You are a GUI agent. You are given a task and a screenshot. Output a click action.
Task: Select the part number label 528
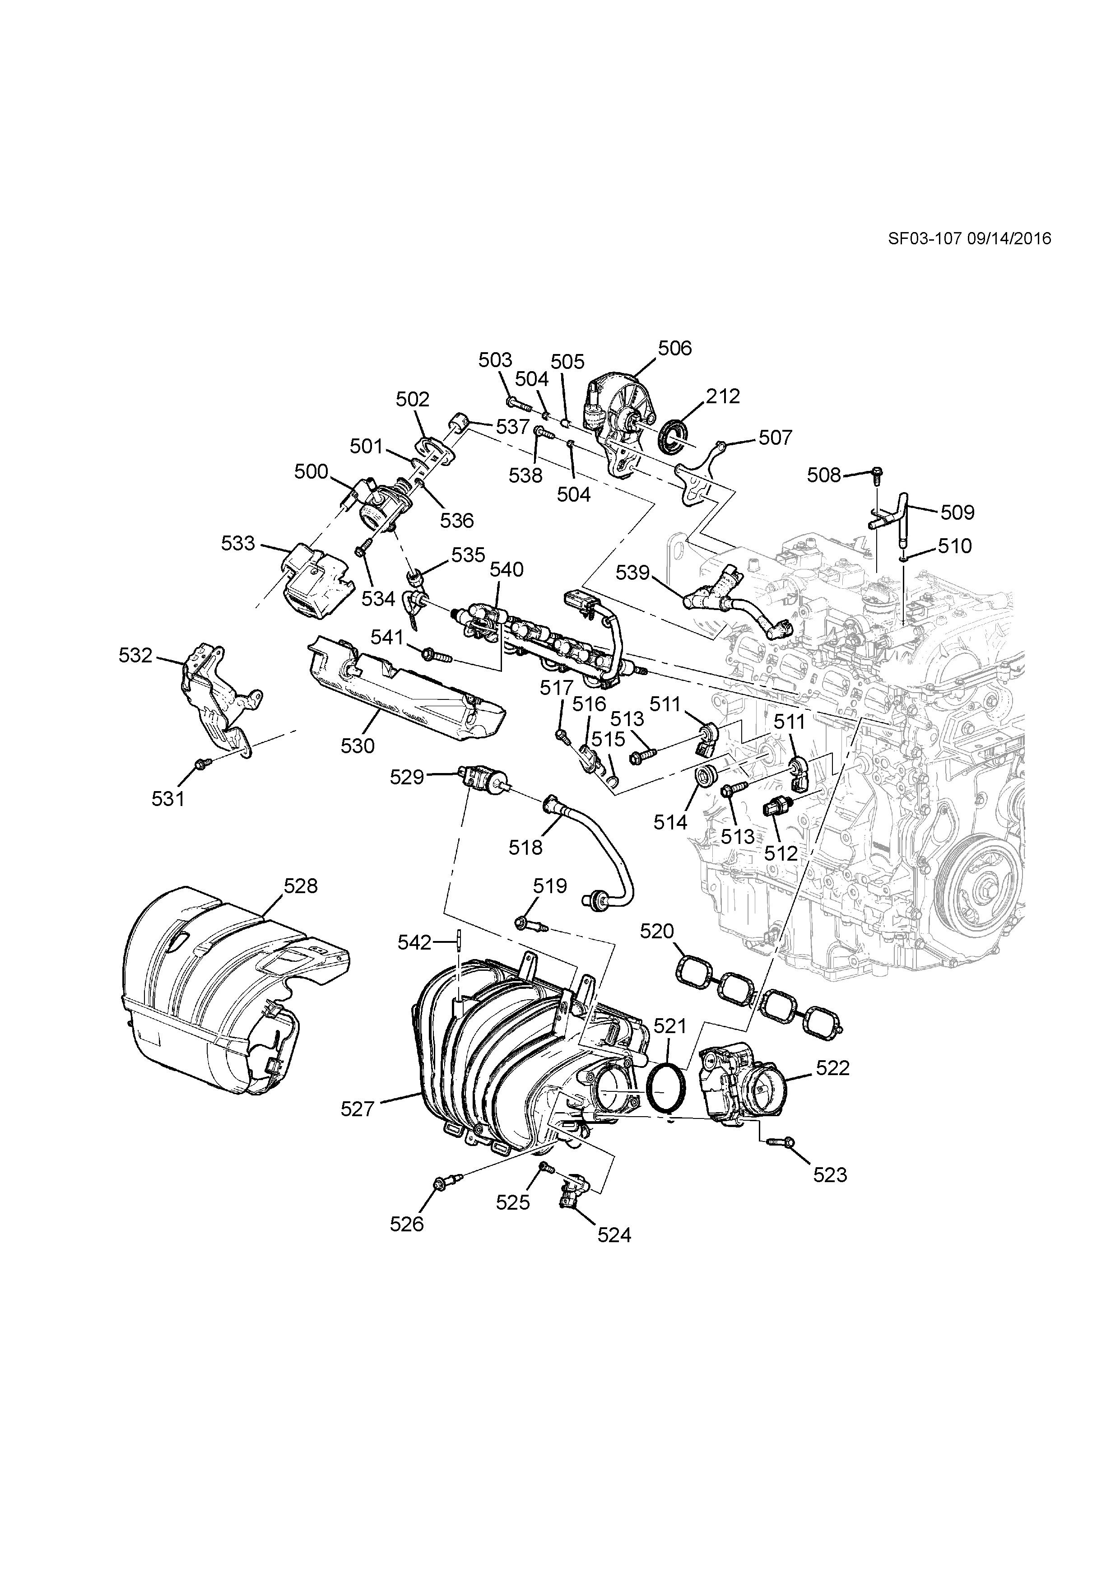(301, 886)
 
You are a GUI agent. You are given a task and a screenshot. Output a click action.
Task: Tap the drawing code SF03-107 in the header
(924, 239)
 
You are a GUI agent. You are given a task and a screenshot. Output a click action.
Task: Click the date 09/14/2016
(1009, 239)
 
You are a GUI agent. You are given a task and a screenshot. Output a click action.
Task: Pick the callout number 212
(723, 397)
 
